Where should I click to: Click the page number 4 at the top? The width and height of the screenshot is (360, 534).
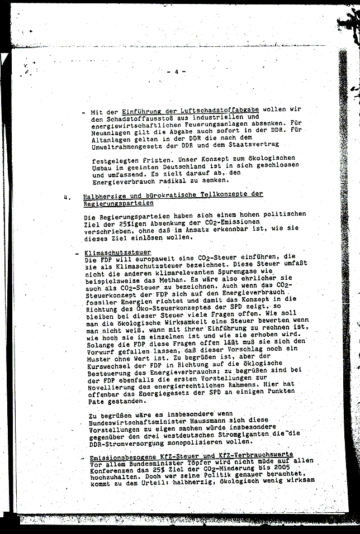176,71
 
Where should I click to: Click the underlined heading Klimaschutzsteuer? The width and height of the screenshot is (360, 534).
115,252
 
